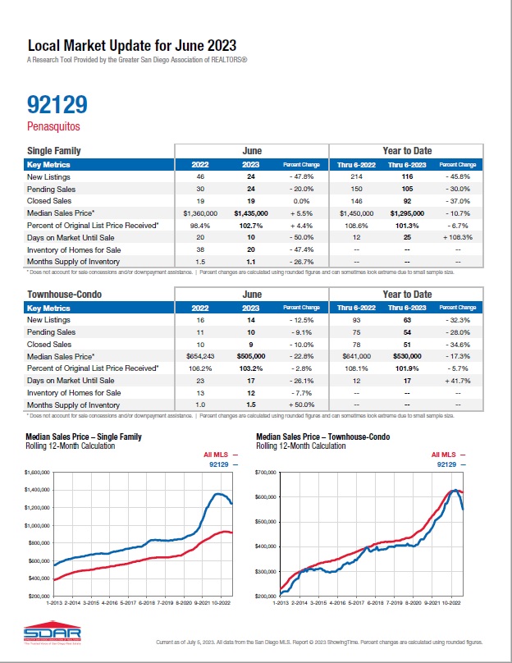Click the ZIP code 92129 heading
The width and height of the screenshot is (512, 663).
[57, 104]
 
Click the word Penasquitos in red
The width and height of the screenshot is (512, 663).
[54, 126]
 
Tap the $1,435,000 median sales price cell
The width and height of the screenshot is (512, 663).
[251, 212]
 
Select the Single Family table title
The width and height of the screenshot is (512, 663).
[54, 151]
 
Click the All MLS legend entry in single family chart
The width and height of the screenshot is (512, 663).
[219, 454]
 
